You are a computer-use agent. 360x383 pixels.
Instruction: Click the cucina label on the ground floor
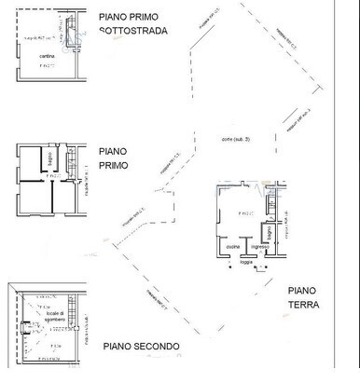pos(231,246)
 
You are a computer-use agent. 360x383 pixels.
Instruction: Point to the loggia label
pos(245,263)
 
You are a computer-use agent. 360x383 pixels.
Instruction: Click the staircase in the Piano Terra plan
pos(268,201)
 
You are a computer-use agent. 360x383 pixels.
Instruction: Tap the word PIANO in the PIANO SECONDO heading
pos(117,347)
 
